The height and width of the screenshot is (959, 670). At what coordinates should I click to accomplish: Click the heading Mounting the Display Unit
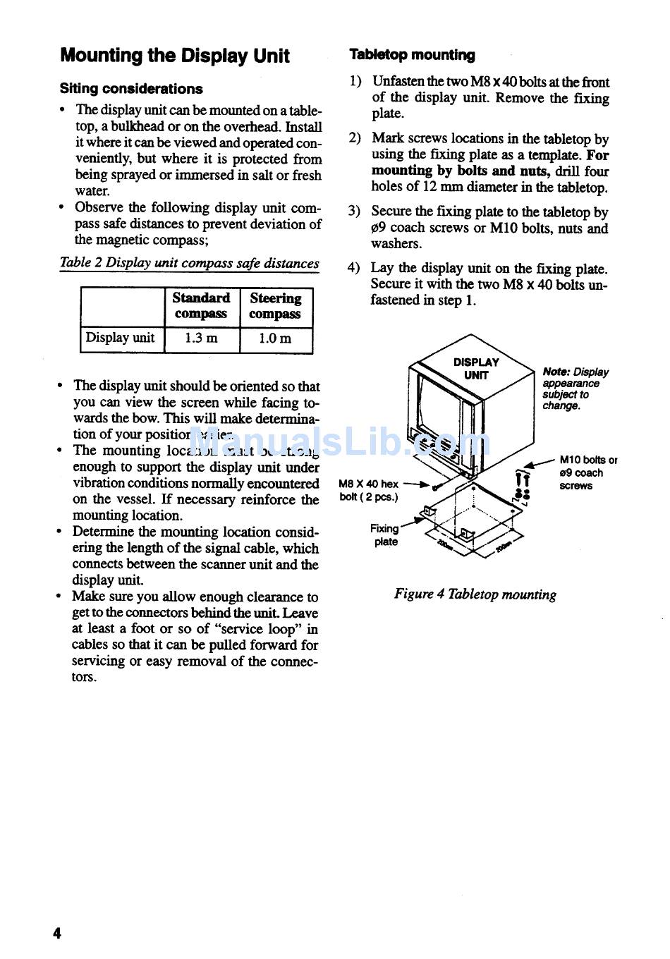tap(174, 56)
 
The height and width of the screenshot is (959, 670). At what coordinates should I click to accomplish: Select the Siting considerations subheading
tap(131, 89)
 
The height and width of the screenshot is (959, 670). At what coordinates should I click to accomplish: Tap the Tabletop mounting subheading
tap(412, 55)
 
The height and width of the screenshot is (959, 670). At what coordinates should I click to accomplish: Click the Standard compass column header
tap(201, 306)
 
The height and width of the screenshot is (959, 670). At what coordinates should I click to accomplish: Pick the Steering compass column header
tap(275, 306)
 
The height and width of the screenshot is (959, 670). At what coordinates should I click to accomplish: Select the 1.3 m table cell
tap(201, 338)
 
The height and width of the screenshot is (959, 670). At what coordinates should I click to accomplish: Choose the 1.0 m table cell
tap(275, 338)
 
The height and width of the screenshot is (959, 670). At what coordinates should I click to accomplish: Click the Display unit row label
tap(120, 338)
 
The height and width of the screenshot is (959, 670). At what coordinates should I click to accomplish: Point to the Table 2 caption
tap(189, 263)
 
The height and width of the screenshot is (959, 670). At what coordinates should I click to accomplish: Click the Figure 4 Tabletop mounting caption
tap(475, 594)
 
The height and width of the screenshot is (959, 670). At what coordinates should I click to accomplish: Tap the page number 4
tap(57, 933)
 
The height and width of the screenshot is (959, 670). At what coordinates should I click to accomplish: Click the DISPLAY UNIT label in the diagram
tap(476, 369)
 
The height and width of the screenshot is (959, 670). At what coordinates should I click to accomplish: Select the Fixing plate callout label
tap(386, 535)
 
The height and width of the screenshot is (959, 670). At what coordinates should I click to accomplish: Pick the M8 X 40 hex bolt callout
tap(368, 490)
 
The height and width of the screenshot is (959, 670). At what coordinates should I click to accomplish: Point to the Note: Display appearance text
tap(575, 389)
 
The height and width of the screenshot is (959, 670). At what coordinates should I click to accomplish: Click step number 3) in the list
tap(354, 212)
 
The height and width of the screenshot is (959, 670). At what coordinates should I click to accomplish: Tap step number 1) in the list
tap(355, 82)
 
